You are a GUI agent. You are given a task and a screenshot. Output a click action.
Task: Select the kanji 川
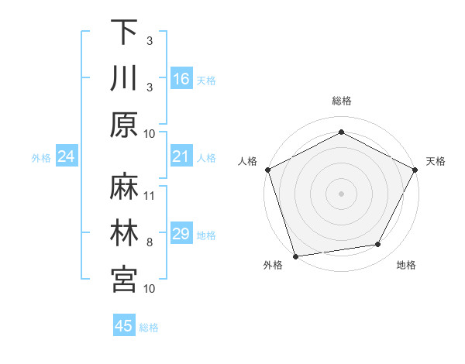(x=124, y=78)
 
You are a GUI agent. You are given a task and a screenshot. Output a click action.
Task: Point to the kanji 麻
(x=124, y=187)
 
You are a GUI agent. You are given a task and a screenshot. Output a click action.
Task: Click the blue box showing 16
(x=181, y=79)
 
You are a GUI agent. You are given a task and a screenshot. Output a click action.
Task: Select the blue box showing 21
(x=181, y=157)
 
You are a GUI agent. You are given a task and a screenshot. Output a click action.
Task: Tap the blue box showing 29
(x=181, y=235)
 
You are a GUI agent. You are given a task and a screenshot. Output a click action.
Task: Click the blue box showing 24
(x=66, y=157)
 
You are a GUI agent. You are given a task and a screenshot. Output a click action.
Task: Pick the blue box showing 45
(x=123, y=327)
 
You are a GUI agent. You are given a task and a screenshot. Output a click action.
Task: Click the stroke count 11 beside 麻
(x=150, y=195)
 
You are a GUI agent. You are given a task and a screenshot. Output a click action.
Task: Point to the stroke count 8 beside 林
(x=150, y=242)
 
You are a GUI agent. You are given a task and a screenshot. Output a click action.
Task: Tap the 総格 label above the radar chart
(x=341, y=101)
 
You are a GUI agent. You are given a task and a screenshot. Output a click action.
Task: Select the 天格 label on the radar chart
(x=436, y=161)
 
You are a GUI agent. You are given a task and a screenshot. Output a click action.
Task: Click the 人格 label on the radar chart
(x=247, y=161)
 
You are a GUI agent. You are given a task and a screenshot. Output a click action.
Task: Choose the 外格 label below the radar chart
(x=273, y=265)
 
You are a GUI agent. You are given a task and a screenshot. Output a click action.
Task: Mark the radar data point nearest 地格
(x=378, y=245)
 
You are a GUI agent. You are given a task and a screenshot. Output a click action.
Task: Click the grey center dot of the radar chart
(x=341, y=193)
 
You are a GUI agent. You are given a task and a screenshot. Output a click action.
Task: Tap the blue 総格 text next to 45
(x=149, y=328)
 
